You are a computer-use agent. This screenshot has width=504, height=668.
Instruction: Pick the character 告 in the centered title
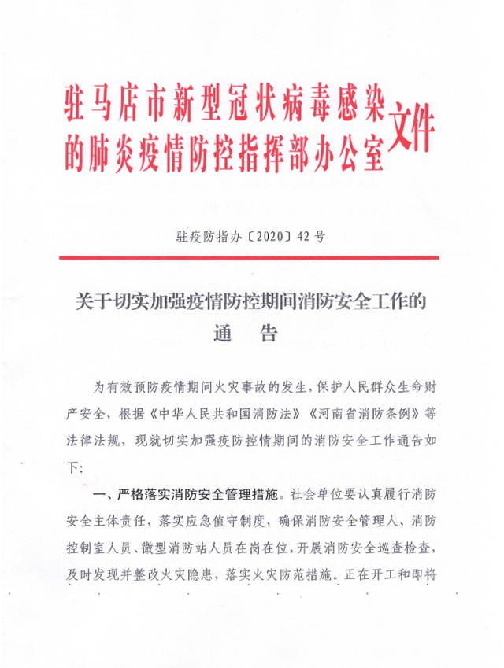[x=268, y=334]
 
